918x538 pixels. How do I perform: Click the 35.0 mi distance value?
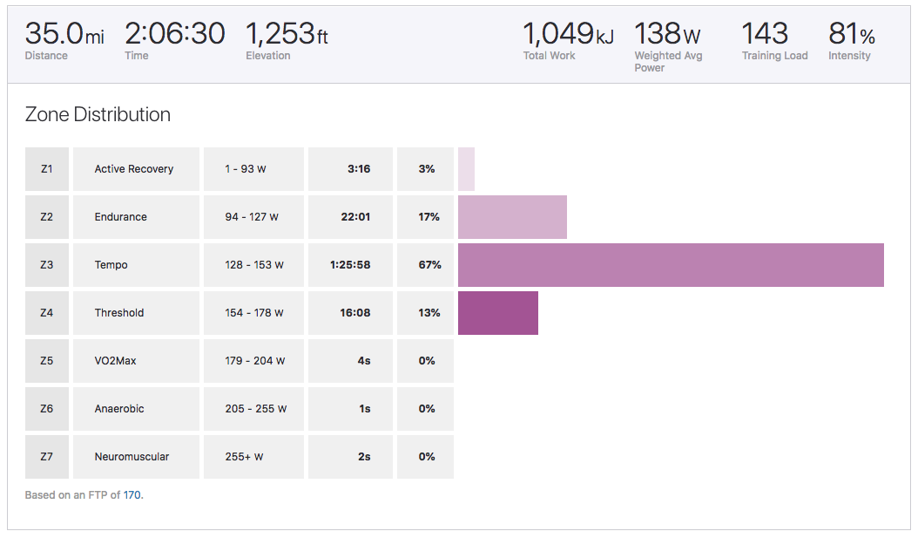[x=64, y=34]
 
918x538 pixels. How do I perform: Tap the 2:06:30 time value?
[x=174, y=34]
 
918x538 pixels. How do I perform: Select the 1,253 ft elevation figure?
[x=287, y=34]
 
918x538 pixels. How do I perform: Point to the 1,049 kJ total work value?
[x=568, y=34]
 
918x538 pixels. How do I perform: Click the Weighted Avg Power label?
[x=668, y=61]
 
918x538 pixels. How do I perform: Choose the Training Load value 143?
[x=765, y=34]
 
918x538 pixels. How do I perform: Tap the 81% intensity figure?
[x=852, y=34]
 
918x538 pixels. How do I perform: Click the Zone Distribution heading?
[x=98, y=114]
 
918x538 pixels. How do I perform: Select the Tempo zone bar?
[x=671, y=265]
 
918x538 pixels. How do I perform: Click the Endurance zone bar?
[x=512, y=217]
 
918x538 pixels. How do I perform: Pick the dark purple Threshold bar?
[x=497, y=313]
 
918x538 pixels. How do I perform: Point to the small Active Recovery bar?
[x=466, y=169]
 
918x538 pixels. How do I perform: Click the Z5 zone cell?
[x=47, y=361]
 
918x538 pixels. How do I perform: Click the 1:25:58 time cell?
[x=350, y=265]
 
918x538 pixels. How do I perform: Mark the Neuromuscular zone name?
[x=132, y=457]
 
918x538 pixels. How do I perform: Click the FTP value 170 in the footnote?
[x=132, y=495]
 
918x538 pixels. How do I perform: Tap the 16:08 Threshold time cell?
[x=354, y=313]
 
